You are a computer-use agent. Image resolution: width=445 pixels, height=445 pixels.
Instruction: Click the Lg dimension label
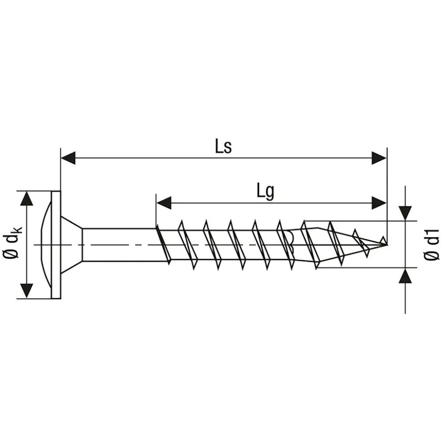265,192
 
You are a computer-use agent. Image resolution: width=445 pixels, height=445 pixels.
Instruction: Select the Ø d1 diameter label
431,244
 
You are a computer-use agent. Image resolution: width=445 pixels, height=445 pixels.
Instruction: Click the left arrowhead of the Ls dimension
68,158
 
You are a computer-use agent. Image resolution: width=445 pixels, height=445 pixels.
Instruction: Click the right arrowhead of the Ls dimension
379,158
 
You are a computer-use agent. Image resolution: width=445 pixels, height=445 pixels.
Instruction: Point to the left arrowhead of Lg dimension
163,203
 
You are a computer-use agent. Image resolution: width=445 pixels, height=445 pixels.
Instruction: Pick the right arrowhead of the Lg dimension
379,203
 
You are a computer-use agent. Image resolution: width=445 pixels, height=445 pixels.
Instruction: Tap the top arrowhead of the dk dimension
28,198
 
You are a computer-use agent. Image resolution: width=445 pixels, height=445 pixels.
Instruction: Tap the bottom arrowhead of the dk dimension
28,291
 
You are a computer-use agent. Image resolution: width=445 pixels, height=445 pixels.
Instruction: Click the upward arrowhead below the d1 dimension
405,276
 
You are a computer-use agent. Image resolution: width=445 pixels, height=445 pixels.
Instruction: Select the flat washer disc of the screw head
56,245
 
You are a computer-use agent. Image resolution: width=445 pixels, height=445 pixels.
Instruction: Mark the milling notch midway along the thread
289,240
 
